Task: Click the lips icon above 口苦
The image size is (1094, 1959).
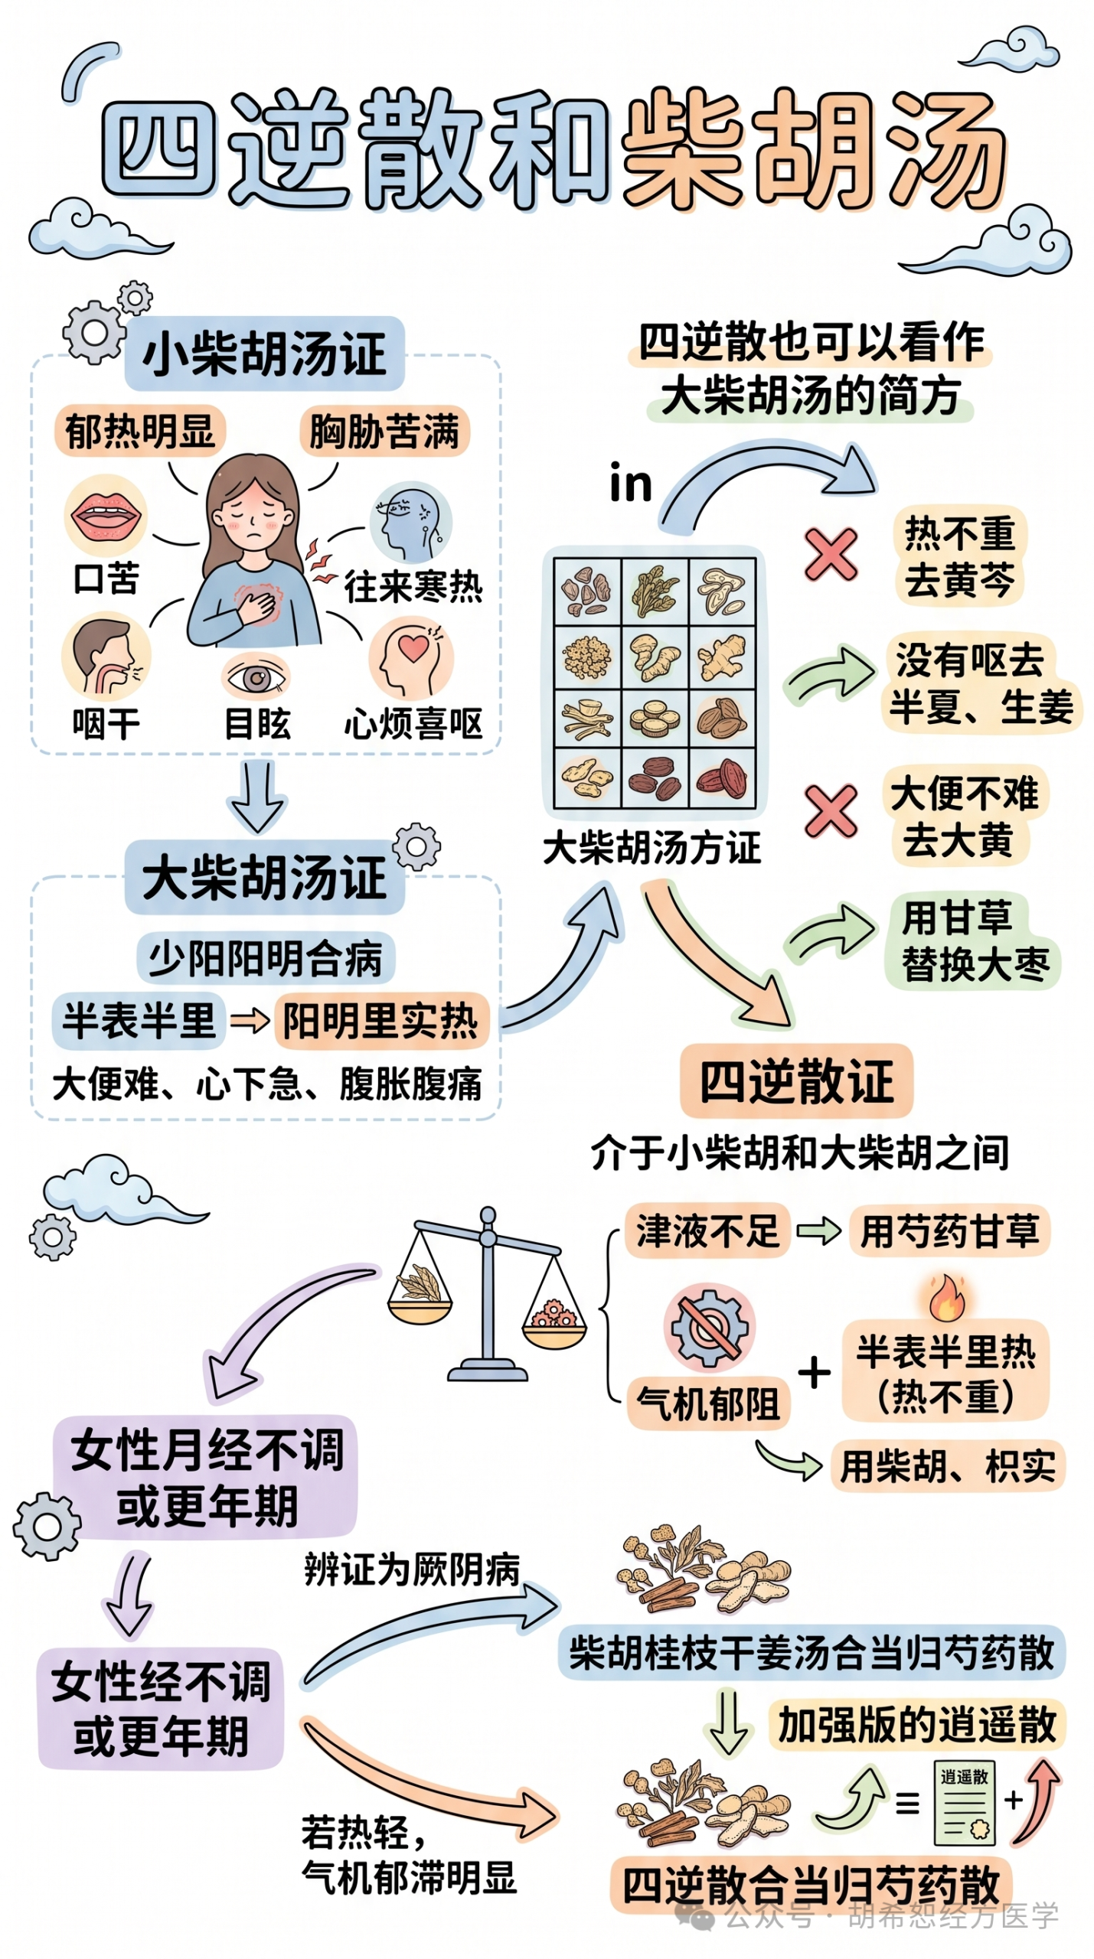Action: point(106,513)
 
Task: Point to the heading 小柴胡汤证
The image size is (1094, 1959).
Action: point(264,354)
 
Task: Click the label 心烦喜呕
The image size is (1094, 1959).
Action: point(413,723)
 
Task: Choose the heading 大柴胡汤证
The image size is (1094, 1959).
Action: point(264,877)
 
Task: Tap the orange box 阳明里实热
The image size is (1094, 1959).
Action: point(380,1020)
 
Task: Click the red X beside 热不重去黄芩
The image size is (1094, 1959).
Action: point(831,554)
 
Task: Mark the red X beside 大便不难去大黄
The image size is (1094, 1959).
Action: point(831,810)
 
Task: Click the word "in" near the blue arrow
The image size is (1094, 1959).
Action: point(631,484)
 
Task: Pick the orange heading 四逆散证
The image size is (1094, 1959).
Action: point(796,1081)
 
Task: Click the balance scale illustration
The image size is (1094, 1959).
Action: point(487,1293)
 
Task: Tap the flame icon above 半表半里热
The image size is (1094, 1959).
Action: point(947,1298)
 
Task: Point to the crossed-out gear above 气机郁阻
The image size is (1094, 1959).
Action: point(709,1328)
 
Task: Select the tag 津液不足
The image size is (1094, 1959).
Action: point(707,1230)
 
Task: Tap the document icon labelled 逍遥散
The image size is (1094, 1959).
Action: point(964,1803)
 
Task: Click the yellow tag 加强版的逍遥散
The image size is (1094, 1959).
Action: point(917,1725)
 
